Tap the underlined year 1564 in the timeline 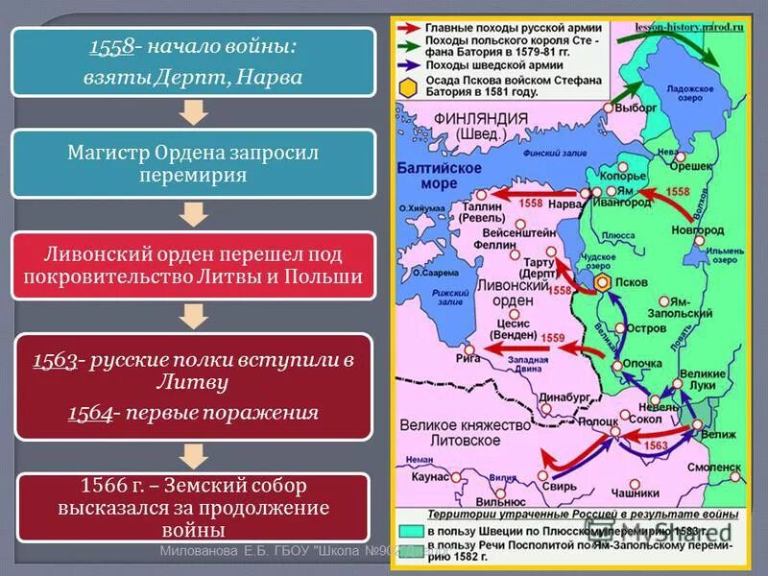point(88,412)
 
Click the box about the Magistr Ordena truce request point(193,164)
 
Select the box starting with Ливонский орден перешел point(193,265)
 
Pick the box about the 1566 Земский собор point(193,507)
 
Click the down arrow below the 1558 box point(194,112)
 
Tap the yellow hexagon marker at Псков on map point(602,283)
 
